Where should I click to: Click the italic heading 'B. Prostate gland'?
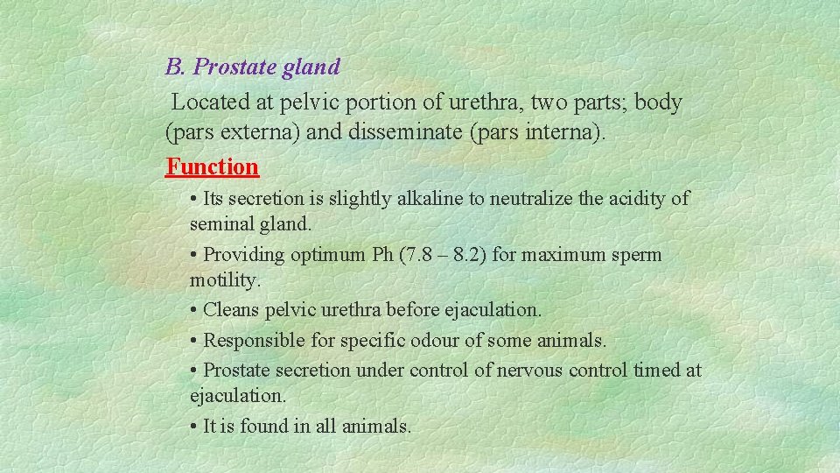[252, 67]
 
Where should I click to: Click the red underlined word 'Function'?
[213, 166]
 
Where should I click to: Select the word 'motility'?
[223, 281]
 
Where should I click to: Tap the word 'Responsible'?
[252, 340]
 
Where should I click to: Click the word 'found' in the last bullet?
[266, 427]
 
